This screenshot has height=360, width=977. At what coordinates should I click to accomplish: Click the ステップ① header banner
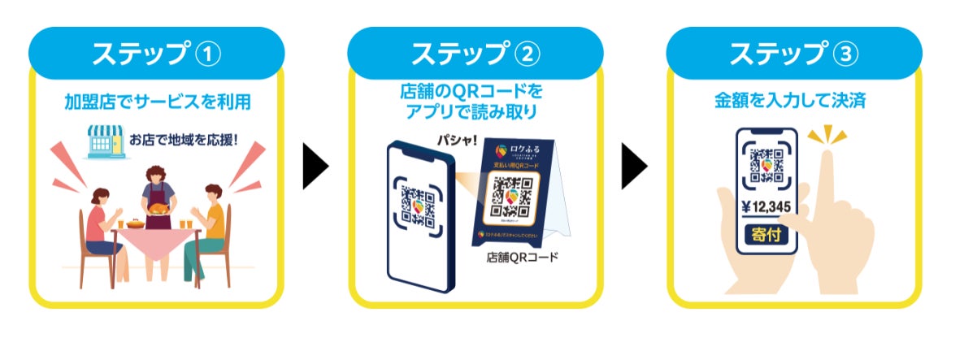(x=156, y=54)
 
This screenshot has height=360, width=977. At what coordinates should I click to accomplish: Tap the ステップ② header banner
(x=475, y=54)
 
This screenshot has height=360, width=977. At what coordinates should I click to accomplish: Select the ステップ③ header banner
(x=793, y=54)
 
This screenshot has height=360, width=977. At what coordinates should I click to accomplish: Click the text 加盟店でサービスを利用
(x=156, y=102)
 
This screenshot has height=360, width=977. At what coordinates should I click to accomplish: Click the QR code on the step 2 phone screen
(x=419, y=206)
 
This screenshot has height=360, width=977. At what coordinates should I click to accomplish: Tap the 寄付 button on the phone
(x=766, y=236)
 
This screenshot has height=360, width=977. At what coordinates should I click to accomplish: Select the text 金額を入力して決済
(x=790, y=102)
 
